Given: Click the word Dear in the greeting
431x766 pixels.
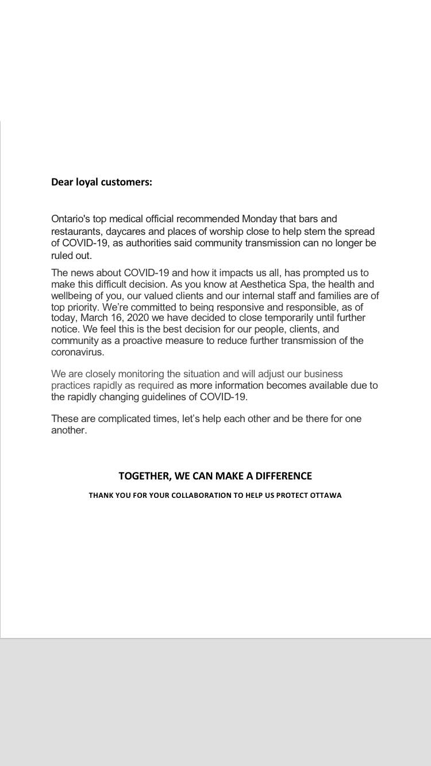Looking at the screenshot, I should (63, 182).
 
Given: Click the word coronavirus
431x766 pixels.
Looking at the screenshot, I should (76, 352).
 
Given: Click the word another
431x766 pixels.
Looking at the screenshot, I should (69, 430).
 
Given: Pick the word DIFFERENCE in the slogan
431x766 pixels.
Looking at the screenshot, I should (283, 476).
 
